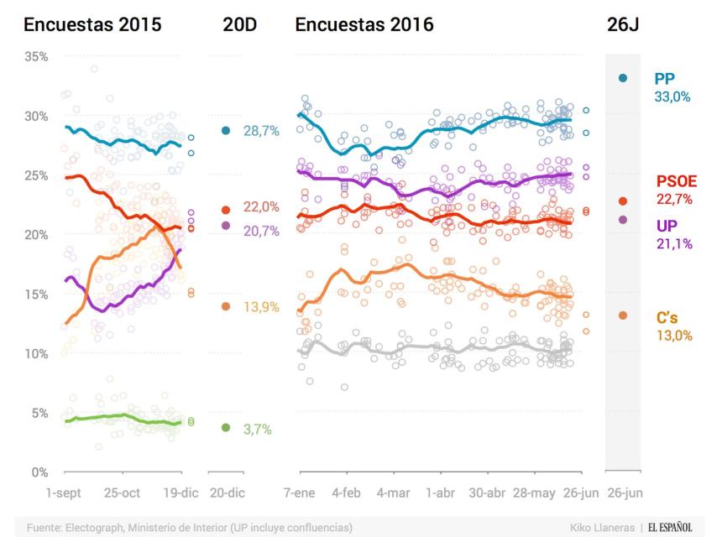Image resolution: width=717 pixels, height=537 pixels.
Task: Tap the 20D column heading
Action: pyautogui.click(x=239, y=25)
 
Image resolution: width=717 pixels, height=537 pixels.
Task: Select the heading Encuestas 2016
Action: pyautogui.click(x=364, y=25)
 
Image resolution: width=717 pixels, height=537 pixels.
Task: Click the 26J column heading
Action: pyautogui.click(x=623, y=25)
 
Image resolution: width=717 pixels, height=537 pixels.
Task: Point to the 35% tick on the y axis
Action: pyautogui.click(x=36, y=57)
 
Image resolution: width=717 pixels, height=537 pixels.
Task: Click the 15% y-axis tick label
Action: pyautogui.click(x=36, y=295)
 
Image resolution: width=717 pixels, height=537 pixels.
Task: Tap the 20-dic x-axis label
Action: pyautogui.click(x=227, y=493)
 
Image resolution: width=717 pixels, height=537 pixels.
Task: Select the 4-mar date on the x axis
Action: pyautogui.click(x=393, y=493)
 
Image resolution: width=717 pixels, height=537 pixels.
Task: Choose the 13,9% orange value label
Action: pyautogui.click(x=261, y=307)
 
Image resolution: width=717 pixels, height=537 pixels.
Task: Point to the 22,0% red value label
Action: pyautogui.click(x=261, y=207)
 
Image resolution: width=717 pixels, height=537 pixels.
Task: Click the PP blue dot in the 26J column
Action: pyautogui.click(x=622, y=78)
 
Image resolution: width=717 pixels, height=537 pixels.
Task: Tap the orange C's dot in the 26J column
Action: pyautogui.click(x=622, y=315)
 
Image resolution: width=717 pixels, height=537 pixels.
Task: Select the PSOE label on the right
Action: pyautogui.click(x=676, y=182)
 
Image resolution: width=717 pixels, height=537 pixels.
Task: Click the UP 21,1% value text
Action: pyautogui.click(x=672, y=244)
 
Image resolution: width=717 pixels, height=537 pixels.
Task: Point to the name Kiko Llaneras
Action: pyautogui.click(x=602, y=527)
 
